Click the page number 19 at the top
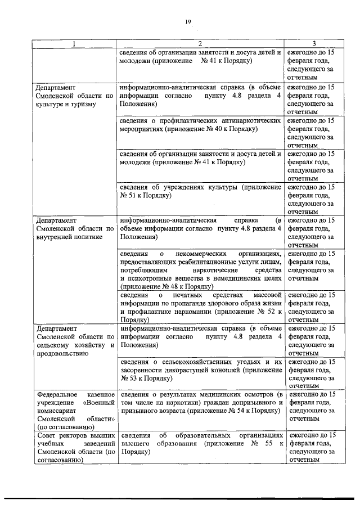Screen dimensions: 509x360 188,22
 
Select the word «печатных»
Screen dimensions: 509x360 194,295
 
